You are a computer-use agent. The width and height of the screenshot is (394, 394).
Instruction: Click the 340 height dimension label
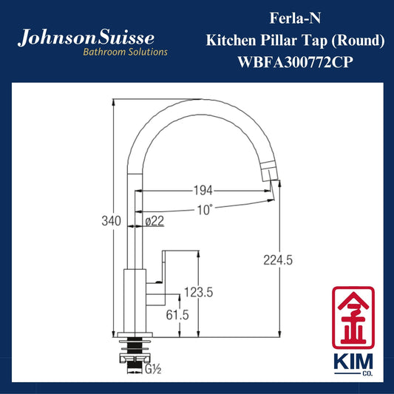click(111, 221)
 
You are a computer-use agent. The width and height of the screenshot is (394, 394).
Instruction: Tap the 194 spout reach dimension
click(203, 191)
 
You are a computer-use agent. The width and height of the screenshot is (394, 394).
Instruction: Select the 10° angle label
click(205, 210)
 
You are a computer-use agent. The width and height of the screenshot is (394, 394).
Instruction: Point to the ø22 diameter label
click(154, 221)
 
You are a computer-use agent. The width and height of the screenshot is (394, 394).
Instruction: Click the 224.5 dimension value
click(278, 260)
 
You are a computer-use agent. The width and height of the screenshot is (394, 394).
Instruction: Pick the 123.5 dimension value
click(199, 292)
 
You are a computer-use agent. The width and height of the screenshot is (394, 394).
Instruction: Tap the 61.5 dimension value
click(177, 315)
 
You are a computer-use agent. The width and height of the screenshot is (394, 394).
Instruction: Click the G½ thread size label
click(153, 369)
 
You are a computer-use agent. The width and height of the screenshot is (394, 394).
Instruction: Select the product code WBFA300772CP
click(295, 62)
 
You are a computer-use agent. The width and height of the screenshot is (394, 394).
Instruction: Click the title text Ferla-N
click(295, 18)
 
